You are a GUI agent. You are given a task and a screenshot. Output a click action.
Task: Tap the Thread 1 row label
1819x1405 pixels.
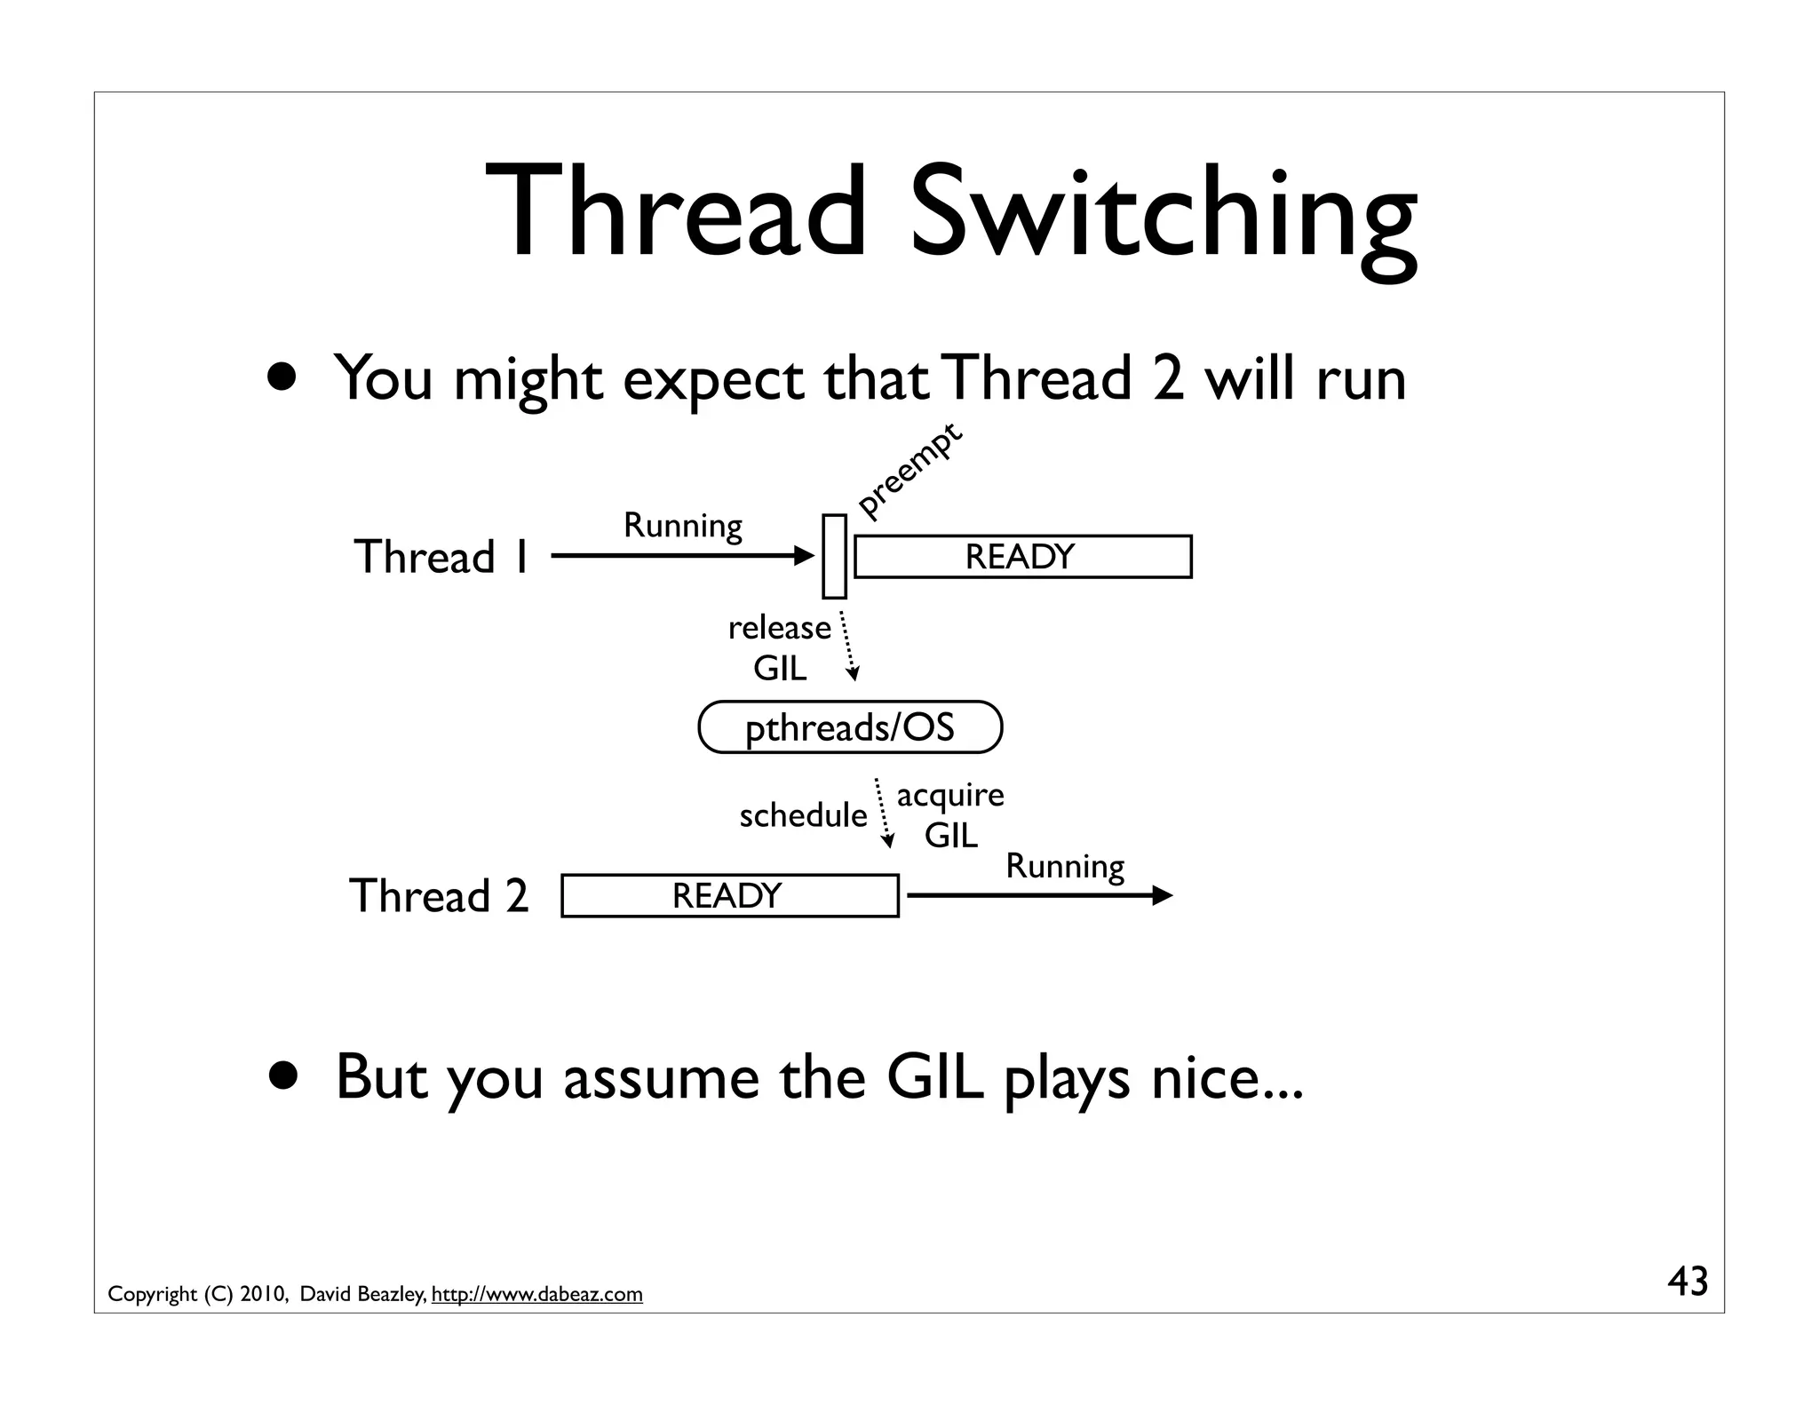coord(441,557)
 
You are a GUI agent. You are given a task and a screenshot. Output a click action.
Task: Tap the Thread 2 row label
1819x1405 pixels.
coord(439,895)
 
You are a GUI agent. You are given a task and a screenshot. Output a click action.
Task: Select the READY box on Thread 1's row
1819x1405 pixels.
coord(1022,557)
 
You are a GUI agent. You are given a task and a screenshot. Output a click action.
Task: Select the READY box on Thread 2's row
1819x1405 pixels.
coord(729,895)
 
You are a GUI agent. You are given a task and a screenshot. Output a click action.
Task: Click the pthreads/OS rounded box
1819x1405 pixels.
coord(850,727)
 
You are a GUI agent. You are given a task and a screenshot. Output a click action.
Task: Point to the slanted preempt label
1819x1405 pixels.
coord(909,471)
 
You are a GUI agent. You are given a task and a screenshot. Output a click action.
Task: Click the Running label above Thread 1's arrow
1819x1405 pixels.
coord(682,525)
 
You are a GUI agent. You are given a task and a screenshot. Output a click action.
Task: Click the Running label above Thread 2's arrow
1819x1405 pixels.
coord(1064,866)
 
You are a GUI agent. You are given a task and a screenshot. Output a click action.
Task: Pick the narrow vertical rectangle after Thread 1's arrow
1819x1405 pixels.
coord(834,557)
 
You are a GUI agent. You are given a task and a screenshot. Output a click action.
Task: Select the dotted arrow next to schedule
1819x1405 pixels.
coord(883,813)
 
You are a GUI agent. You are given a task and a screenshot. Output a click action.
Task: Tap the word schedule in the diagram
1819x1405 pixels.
coord(802,815)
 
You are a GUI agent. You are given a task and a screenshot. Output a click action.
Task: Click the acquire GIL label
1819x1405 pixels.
coord(950,814)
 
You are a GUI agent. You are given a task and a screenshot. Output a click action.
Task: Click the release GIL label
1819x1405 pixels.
coord(779,647)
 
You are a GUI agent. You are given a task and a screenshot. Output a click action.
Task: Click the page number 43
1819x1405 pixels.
coord(1687,1282)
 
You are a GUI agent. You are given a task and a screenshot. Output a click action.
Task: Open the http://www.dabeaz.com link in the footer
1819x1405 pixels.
coord(536,1294)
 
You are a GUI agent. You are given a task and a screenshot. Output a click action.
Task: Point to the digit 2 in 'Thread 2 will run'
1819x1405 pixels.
coord(1167,378)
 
